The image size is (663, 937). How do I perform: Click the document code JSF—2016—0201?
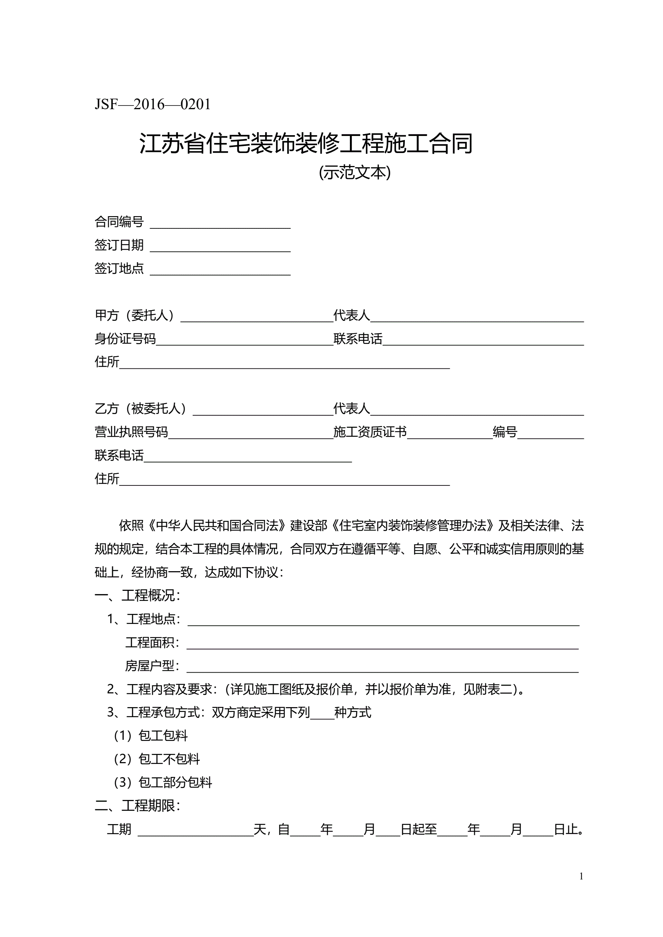click(x=153, y=104)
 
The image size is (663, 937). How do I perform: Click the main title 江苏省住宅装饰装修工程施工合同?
click(x=306, y=143)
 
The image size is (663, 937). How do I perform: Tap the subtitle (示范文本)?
click(x=354, y=173)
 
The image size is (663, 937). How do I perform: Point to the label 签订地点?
click(x=119, y=269)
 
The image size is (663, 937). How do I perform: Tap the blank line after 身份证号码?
click(x=244, y=341)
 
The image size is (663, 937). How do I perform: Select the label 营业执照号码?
click(x=131, y=432)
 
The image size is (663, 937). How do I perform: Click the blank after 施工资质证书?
click(x=449, y=434)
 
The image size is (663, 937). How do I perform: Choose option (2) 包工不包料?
click(x=157, y=759)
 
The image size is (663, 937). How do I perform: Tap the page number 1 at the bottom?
click(x=581, y=876)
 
